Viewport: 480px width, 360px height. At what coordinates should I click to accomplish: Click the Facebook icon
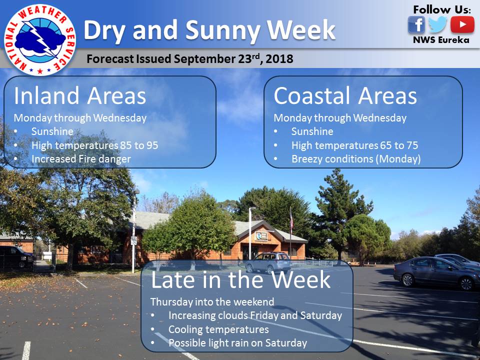(416, 24)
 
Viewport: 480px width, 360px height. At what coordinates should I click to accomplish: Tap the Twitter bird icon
(438, 24)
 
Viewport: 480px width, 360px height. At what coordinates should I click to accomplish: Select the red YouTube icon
(462, 24)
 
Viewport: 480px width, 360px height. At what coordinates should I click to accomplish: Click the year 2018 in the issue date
(279, 59)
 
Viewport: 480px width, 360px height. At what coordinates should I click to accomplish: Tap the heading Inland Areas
(80, 96)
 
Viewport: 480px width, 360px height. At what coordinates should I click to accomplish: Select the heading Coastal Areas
(345, 96)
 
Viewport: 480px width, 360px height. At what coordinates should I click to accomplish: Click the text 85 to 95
(139, 145)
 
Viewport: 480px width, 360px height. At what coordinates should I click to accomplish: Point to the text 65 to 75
(399, 145)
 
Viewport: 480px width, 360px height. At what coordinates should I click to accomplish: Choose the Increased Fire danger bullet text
(81, 159)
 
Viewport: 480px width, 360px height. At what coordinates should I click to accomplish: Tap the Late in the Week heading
(240, 280)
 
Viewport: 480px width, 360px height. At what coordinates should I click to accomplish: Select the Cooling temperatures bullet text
(218, 329)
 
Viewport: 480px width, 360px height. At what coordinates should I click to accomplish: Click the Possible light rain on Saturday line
(237, 343)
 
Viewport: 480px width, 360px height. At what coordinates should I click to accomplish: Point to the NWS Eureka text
(441, 40)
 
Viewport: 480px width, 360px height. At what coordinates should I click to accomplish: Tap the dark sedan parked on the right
(436, 273)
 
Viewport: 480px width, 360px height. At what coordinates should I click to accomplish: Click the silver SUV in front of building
(268, 262)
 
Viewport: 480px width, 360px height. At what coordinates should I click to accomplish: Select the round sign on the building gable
(259, 235)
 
